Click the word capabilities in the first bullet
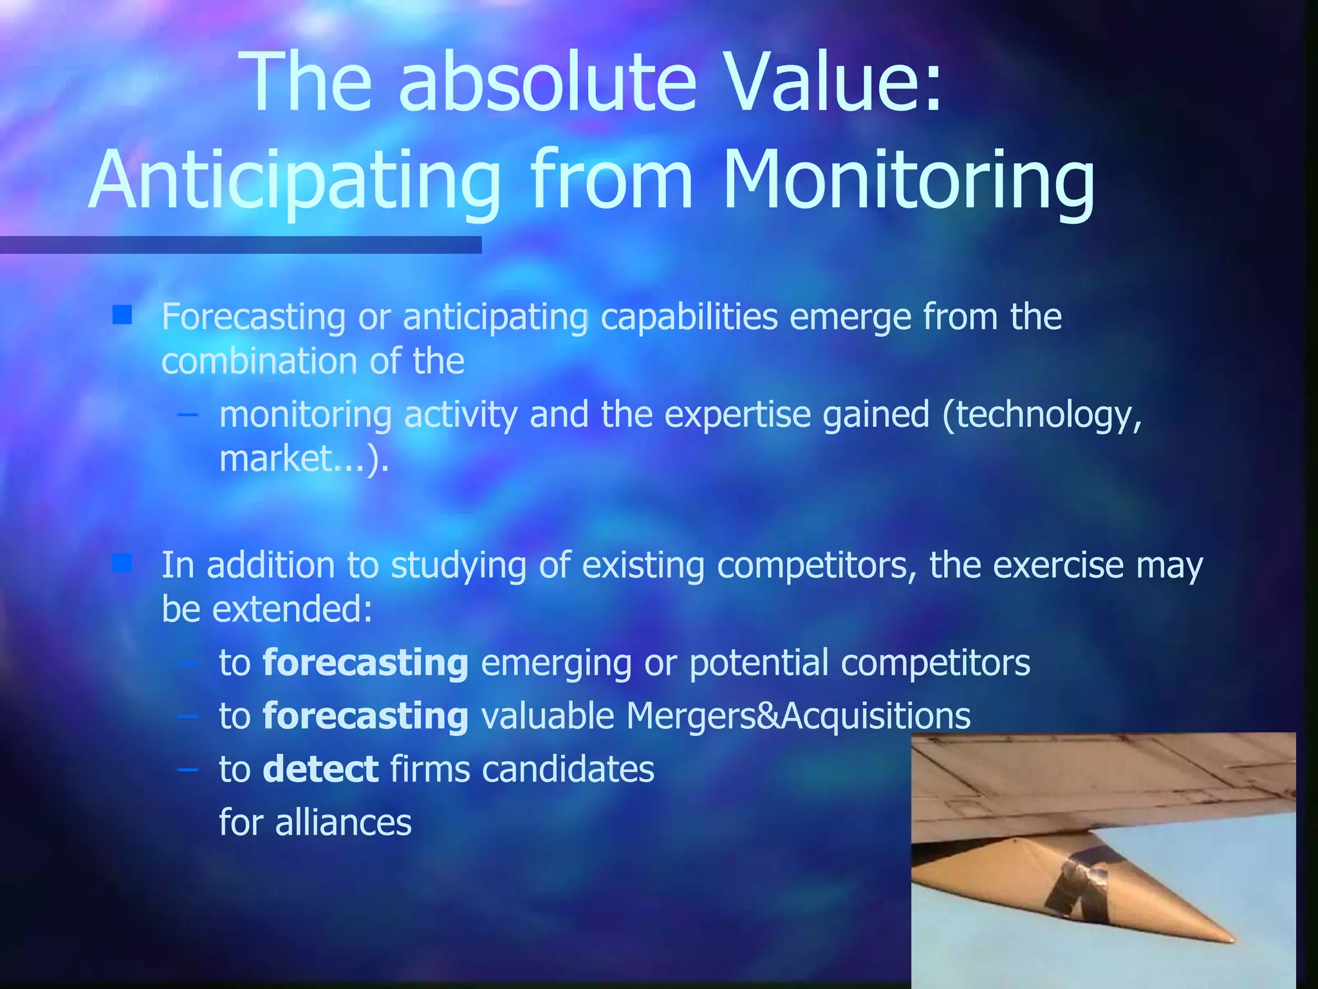[x=689, y=317]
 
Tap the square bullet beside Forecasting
[x=122, y=315]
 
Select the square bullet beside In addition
[x=122, y=563]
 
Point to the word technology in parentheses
[x=1043, y=416]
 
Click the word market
[x=275, y=458]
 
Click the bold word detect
[x=320, y=769]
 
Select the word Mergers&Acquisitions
[x=798, y=716]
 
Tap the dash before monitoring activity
[x=187, y=414]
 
